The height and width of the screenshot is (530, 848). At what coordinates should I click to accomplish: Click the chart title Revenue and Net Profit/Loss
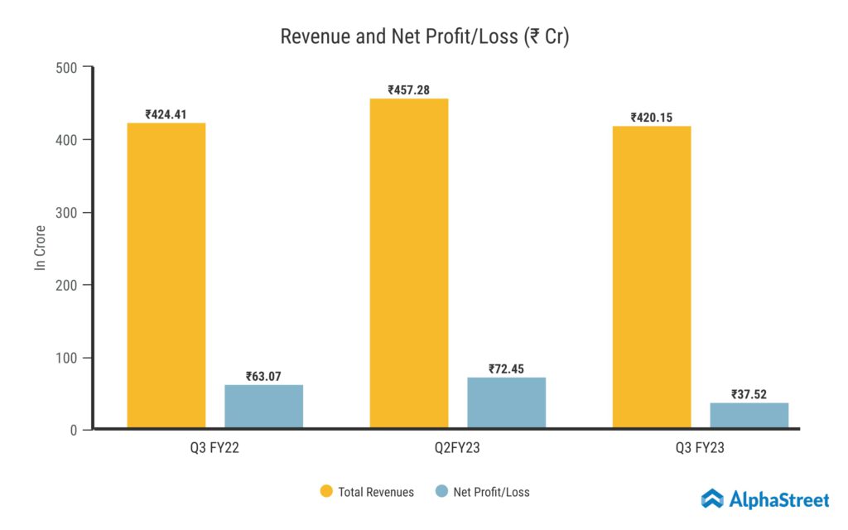[424, 36]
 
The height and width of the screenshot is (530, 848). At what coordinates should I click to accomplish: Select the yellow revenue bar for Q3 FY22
[166, 275]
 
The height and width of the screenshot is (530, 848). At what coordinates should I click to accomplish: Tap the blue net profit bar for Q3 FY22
[263, 407]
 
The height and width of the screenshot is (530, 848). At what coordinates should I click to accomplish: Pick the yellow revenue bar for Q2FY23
[409, 263]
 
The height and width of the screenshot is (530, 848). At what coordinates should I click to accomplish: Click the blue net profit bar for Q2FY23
[506, 403]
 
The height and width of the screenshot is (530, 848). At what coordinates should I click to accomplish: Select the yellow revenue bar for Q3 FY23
[651, 277]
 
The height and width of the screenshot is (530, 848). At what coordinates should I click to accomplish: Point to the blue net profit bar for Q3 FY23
[749, 416]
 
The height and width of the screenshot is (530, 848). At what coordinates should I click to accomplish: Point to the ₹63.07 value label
[263, 376]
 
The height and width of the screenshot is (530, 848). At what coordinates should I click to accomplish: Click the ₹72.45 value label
[506, 369]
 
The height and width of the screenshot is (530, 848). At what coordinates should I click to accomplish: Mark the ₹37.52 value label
[749, 394]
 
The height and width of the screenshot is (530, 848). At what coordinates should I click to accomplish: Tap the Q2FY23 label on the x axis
[457, 450]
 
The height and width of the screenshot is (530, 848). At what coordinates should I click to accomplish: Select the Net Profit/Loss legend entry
[482, 492]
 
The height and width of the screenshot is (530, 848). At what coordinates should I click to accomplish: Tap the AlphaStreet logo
[764, 499]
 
